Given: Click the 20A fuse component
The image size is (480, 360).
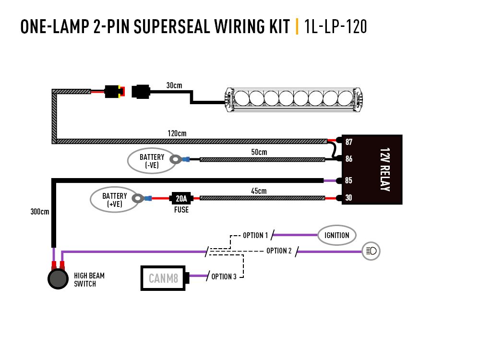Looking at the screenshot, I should coord(181,198).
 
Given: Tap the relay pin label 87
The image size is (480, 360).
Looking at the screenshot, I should coord(349,142).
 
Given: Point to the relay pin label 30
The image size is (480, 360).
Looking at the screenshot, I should coord(349,197).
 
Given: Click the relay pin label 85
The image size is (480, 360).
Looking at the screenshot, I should coord(349,181).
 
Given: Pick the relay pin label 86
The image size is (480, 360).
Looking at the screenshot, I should coord(349,158).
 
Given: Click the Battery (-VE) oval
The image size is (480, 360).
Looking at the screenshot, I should coord(152,161).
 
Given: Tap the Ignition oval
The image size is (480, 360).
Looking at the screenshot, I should coord(337,235).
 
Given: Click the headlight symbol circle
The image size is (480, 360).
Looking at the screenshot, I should coord(371,251).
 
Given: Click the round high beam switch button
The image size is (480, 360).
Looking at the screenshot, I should coord(58,279).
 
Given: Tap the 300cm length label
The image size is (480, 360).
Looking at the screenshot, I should coord(40,211).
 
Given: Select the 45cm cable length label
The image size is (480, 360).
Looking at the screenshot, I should coord(258,191).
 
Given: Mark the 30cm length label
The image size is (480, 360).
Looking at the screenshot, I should coord(174,85).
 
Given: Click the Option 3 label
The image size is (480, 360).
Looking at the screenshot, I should coord(224,276).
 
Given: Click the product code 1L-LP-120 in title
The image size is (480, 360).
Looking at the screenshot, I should coord(336,27).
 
